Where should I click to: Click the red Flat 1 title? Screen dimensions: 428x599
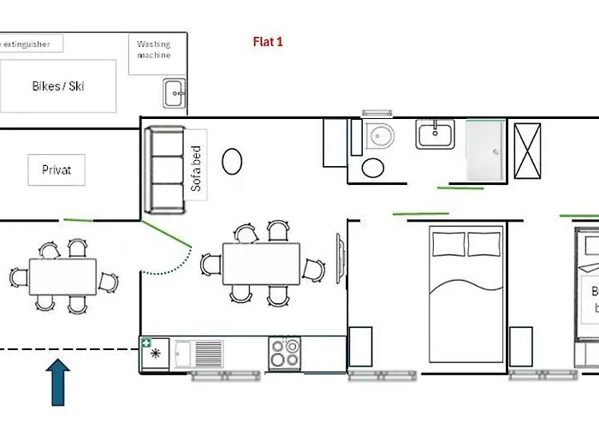pyautogui.click(x=268, y=41)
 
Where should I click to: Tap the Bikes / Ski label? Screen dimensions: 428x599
pyautogui.click(x=58, y=86)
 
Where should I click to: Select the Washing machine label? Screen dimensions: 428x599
pyautogui.click(x=154, y=50)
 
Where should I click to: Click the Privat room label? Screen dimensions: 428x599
pyautogui.click(x=56, y=169)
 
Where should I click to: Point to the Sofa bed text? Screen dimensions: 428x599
pyautogui.click(x=196, y=169)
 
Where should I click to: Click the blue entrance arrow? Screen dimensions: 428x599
pyautogui.click(x=58, y=381)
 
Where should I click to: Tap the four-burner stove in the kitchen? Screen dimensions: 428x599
pyautogui.click(x=285, y=353)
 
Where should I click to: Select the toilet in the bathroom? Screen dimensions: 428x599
pyautogui.click(x=377, y=136)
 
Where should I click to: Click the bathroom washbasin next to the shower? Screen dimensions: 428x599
pyautogui.click(x=436, y=134)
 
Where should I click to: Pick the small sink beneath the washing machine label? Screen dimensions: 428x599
pyautogui.click(x=175, y=92)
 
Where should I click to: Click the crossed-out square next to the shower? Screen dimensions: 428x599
pyautogui.click(x=527, y=149)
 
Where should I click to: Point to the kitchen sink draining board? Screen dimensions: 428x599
pyautogui.click(x=209, y=353)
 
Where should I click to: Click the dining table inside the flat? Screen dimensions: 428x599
pyautogui.click(x=262, y=264)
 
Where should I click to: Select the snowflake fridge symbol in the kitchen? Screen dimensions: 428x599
pyautogui.click(x=155, y=354)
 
